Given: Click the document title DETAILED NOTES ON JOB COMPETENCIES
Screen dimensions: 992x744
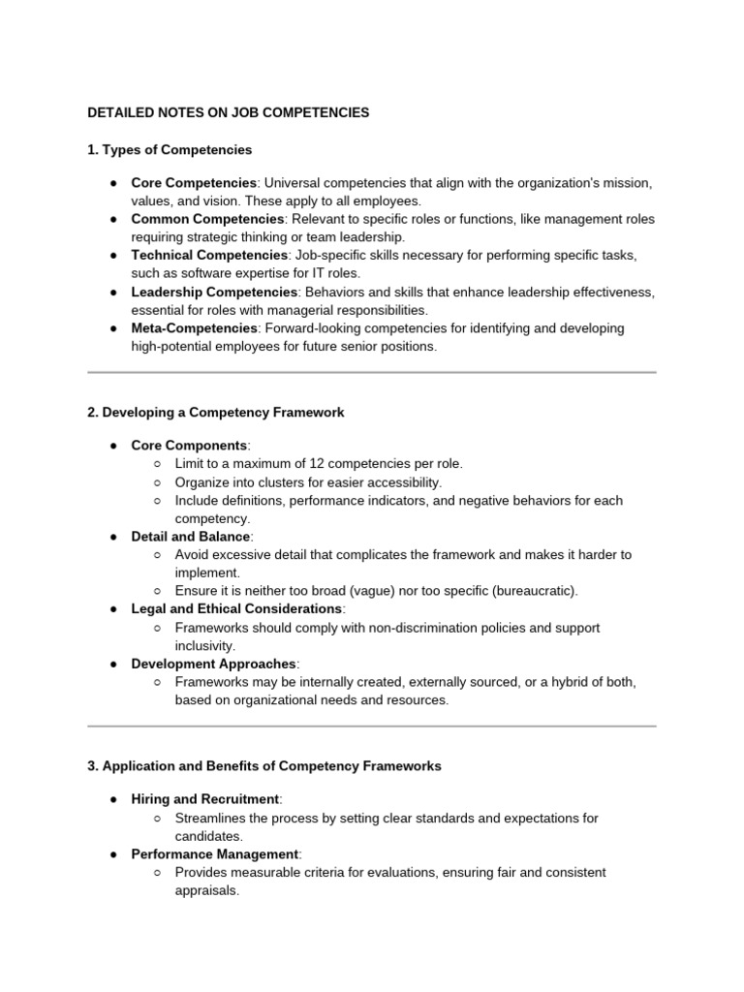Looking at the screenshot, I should point(229,112).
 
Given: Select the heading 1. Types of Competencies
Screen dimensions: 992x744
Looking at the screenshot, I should point(170,149).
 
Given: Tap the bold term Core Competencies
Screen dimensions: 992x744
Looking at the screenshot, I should point(194,182).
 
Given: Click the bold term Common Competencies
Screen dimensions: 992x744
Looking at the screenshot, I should point(206,219).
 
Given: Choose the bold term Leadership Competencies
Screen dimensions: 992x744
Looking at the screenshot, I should point(214,292).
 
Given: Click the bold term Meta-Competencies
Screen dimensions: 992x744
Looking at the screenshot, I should point(194,328).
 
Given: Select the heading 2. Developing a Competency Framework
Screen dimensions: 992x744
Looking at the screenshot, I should point(216,412).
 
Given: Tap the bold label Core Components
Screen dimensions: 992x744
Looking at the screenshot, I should point(189,445).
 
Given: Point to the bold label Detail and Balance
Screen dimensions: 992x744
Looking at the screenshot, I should point(191,536).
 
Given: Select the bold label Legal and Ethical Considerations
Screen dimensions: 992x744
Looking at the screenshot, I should point(236,608).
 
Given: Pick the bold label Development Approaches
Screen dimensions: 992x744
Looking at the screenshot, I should point(214,664).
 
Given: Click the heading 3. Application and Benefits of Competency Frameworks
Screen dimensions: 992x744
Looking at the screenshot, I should point(264,765).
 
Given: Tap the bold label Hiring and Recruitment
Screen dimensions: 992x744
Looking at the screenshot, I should point(205,798).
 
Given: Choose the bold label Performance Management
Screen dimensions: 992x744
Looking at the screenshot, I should point(215,853).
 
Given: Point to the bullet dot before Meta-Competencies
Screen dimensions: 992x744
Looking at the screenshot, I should point(113,328).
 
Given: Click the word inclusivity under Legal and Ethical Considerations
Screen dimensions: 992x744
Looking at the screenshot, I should point(204,645).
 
